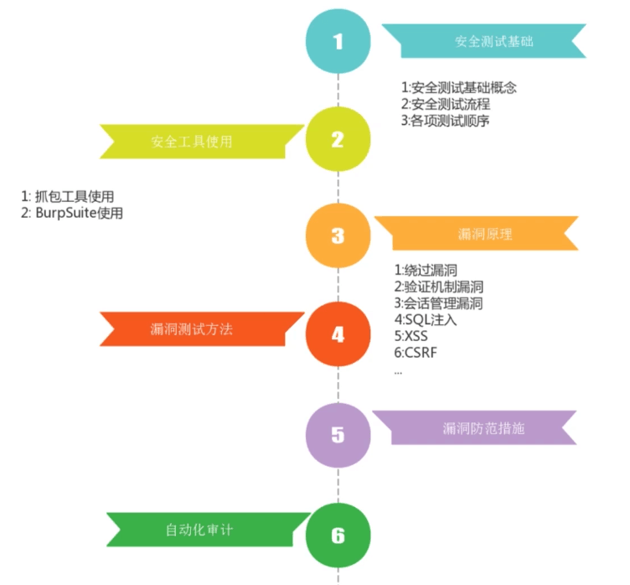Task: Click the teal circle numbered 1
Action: (x=338, y=41)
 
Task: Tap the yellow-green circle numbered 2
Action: (x=338, y=139)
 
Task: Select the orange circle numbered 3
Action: (x=338, y=236)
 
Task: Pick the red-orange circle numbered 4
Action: (x=338, y=334)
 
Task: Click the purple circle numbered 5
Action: (x=338, y=434)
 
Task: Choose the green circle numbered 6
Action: (x=338, y=536)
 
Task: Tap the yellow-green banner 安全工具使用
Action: (x=192, y=141)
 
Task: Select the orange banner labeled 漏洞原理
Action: (x=485, y=234)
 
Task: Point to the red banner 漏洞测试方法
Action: (x=192, y=329)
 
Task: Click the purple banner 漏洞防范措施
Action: (x=483, y=428)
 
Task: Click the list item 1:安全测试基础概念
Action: (x=458, y=88)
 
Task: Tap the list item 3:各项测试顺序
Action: (x=445, y=121)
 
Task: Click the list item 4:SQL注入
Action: (x=426, y=319)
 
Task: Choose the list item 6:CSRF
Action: (x=415, y=352)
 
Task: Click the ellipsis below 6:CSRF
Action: (x=397, y=370)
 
